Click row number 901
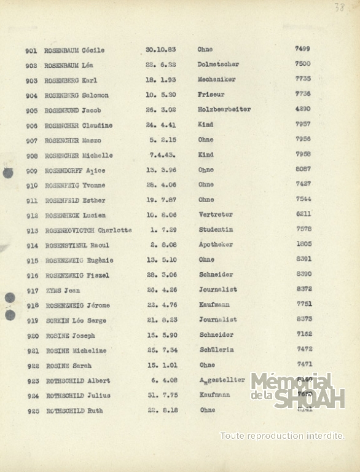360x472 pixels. point(31,50)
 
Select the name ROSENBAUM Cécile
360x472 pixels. point(74,50)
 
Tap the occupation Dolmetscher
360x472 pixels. point(218,65)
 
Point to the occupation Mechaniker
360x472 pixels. point(216,80)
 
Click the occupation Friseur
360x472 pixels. point(211,95)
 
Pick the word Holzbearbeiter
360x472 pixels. point(224,110)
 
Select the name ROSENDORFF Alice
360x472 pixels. point(74,170)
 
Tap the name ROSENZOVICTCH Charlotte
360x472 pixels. point(88,230)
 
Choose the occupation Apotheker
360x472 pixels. point(216,245)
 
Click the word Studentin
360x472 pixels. point(215,230)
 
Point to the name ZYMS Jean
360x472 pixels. point(63,291)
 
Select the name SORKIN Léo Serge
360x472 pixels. point(76,320)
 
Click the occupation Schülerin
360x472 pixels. point(216,350)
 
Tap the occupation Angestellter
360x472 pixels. point(222,380)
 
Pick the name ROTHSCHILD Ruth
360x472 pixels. point(74,411)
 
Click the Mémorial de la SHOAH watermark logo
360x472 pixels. point(297,391)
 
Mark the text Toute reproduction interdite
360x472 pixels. point(282,436)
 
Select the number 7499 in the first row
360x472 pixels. point(302,49)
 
